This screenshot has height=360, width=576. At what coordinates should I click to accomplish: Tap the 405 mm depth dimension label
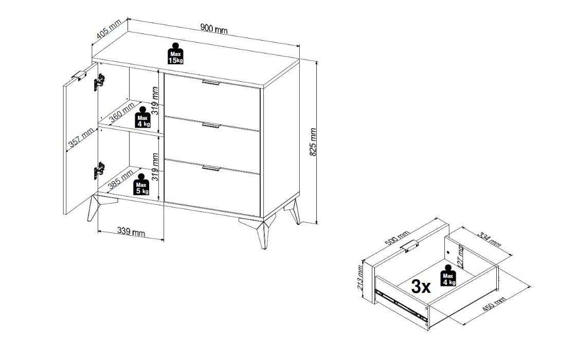[x=109, y=29]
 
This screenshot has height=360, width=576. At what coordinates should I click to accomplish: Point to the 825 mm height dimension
[x=313, y=142]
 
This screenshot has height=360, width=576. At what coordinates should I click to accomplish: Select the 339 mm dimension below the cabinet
[x=131, y=231]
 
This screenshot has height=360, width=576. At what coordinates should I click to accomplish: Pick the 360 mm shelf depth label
[x=121, y=112]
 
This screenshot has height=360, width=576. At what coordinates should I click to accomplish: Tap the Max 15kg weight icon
[x=175, y=53]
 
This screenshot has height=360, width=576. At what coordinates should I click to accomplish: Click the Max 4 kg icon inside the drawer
[x=448, y=276]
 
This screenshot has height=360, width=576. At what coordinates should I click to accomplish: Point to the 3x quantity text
[x=421, y=286]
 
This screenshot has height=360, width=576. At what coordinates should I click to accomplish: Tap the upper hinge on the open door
[x=99, y=82]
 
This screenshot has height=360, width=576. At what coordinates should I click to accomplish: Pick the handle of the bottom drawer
[x=211, y=168]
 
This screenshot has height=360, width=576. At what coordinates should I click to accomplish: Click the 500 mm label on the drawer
[x=398, y=239]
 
